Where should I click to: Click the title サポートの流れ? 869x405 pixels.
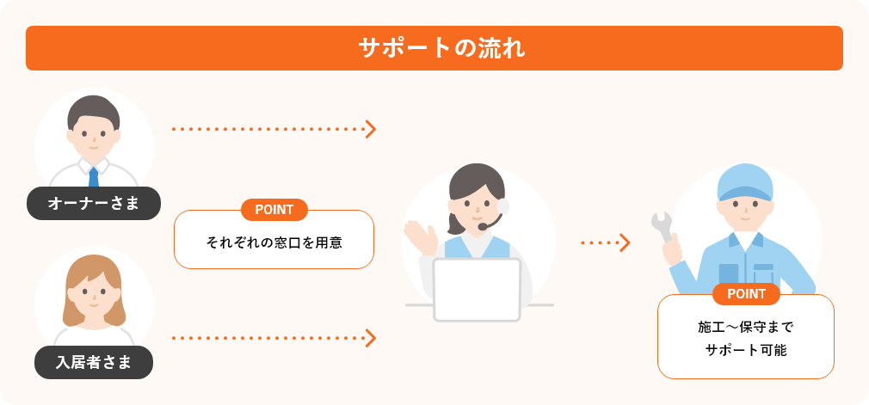point(434,48)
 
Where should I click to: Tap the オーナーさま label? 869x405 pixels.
point(94,204)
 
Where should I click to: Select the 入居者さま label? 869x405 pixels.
point(94,362)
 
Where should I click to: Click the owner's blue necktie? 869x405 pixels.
point(94,175)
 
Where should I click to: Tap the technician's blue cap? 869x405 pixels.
point(746,181)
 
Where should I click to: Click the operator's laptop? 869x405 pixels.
point(477,288)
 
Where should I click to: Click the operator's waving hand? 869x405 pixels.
point(420,235)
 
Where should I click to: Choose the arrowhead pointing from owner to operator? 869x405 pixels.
point(371,129)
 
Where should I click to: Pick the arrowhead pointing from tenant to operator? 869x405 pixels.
point(371,338)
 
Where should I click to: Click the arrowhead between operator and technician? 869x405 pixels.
point(626,242)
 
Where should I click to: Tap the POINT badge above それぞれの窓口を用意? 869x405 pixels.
point(274,210)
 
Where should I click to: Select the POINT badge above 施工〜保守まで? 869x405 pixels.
point(746,294)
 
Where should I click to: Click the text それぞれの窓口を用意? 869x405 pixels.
point(274,242)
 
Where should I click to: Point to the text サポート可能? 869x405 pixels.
point(746,350)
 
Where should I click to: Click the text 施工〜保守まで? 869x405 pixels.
point(746,328)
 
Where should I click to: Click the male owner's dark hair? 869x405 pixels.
point(94,107)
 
